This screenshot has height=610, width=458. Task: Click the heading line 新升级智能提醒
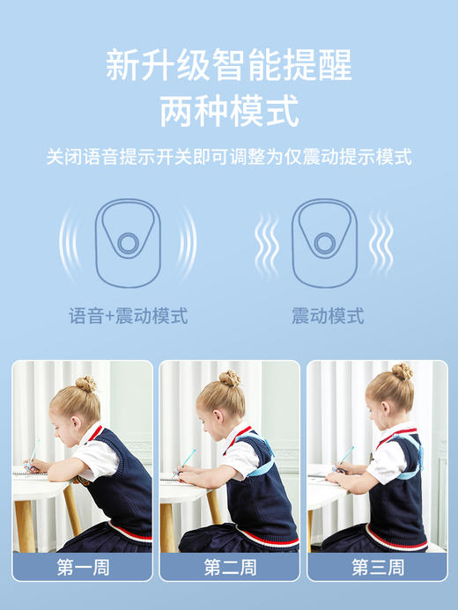pos(229,66)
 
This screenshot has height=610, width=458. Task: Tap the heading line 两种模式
pos(229,111)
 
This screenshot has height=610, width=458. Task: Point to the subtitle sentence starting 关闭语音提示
pos(229,158)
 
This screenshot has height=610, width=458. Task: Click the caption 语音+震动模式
pos(129,316)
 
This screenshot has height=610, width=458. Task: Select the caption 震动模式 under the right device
pos(328,316)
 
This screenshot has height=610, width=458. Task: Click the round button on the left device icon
pos(129,243)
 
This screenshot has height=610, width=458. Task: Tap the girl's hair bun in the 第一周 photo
pos(85,384)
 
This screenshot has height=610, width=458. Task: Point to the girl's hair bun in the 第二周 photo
pos(230,378)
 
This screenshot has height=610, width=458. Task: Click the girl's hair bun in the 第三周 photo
pos(402,371)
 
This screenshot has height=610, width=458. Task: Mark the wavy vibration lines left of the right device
pos(266,243)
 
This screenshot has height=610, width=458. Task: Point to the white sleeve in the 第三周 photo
pos(386,461)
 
